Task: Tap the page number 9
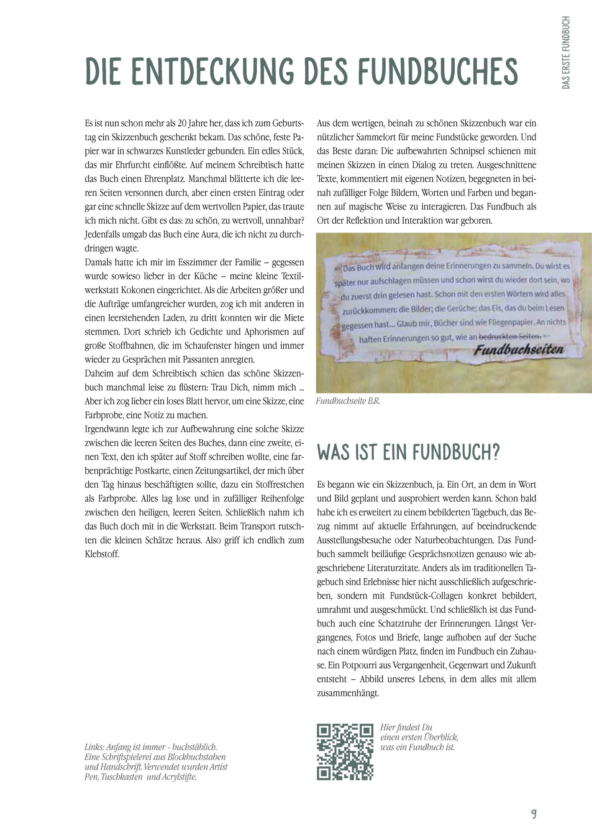point(534,813)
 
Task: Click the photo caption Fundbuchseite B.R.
point(348,401)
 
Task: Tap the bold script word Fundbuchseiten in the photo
point(518,350)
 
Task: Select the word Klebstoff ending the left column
point(102,554)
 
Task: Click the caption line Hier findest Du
point(406,727)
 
